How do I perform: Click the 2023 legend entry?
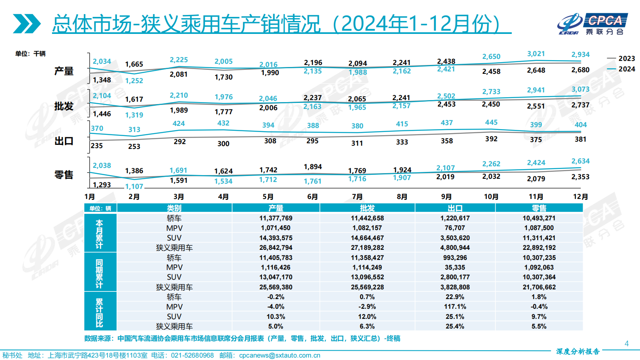coord(621,59)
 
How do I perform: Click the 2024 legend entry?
coord(621,69)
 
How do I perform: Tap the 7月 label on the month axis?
coord(357,197)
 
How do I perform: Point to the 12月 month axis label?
coord(580,197)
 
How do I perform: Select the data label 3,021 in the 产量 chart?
coord(536,54)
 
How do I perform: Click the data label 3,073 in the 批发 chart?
coord(580,89)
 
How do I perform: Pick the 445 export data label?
coord(491,122)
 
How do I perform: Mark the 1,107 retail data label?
coord(134,186)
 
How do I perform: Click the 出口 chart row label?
coord(64,141)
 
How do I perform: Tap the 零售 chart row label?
coord(64,175)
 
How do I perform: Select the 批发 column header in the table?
coord(367,208)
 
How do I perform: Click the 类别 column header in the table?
coord(174,208)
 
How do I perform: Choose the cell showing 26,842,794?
coord(276,248)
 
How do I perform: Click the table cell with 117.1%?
coord(455,307)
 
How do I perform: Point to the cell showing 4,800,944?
coord(455,248)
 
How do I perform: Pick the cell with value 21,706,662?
coord(539,287)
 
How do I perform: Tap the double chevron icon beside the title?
coord(27,24)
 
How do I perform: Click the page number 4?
coord(626,343)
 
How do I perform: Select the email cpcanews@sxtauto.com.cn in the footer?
coord(279,356)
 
